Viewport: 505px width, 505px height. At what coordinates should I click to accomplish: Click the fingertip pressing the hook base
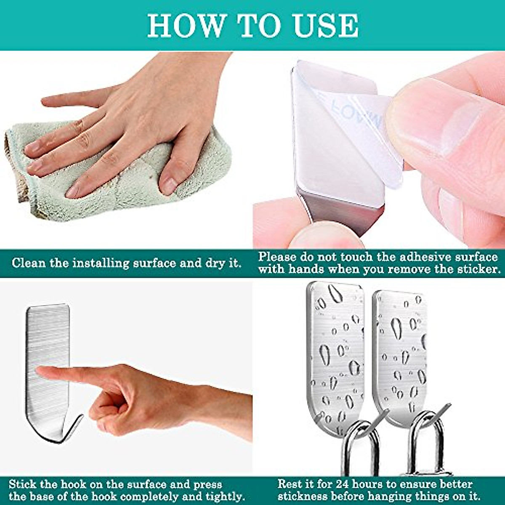[42, 371]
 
